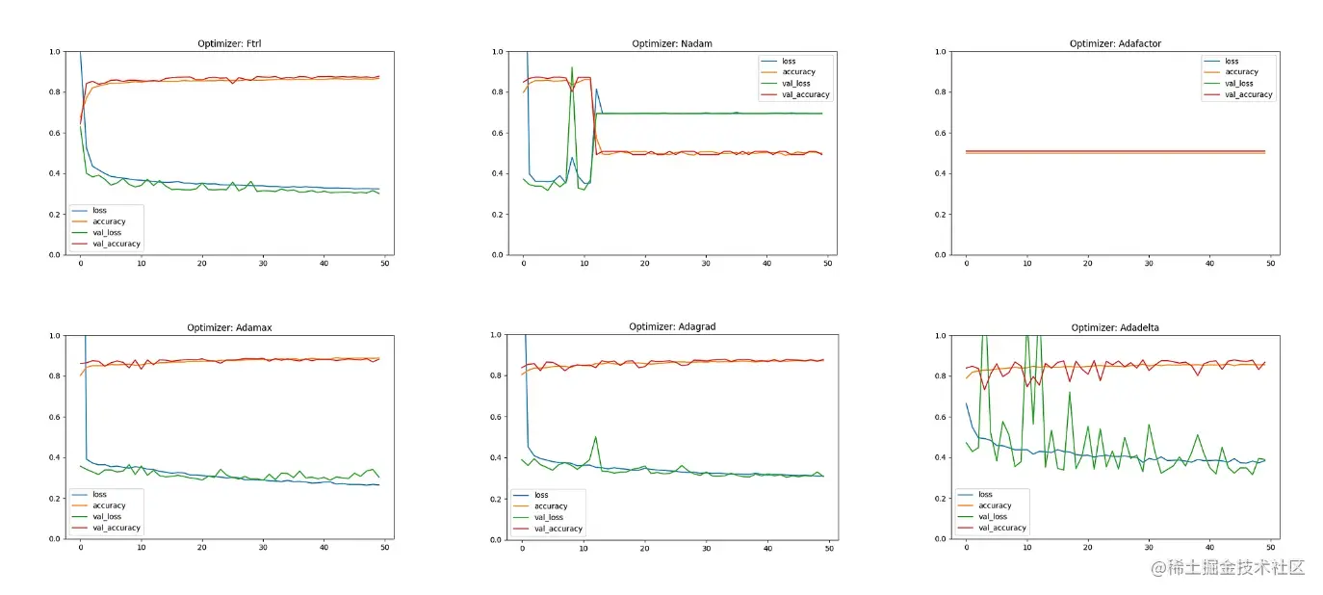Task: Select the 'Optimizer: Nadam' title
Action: click(671, 43)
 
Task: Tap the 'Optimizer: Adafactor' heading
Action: click(1115, 43)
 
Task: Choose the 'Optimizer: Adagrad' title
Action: click(671, 326)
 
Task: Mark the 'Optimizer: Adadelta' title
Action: click(1115, 327)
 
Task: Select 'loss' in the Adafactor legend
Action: click(1232, 61)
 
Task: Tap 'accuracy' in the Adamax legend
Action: click(109, 505)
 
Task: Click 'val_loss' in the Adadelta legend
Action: click(995, 516)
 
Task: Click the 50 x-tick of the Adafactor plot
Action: click(1270, 263)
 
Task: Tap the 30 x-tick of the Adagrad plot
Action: click(706, 548)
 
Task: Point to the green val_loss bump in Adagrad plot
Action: click(596, 438)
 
